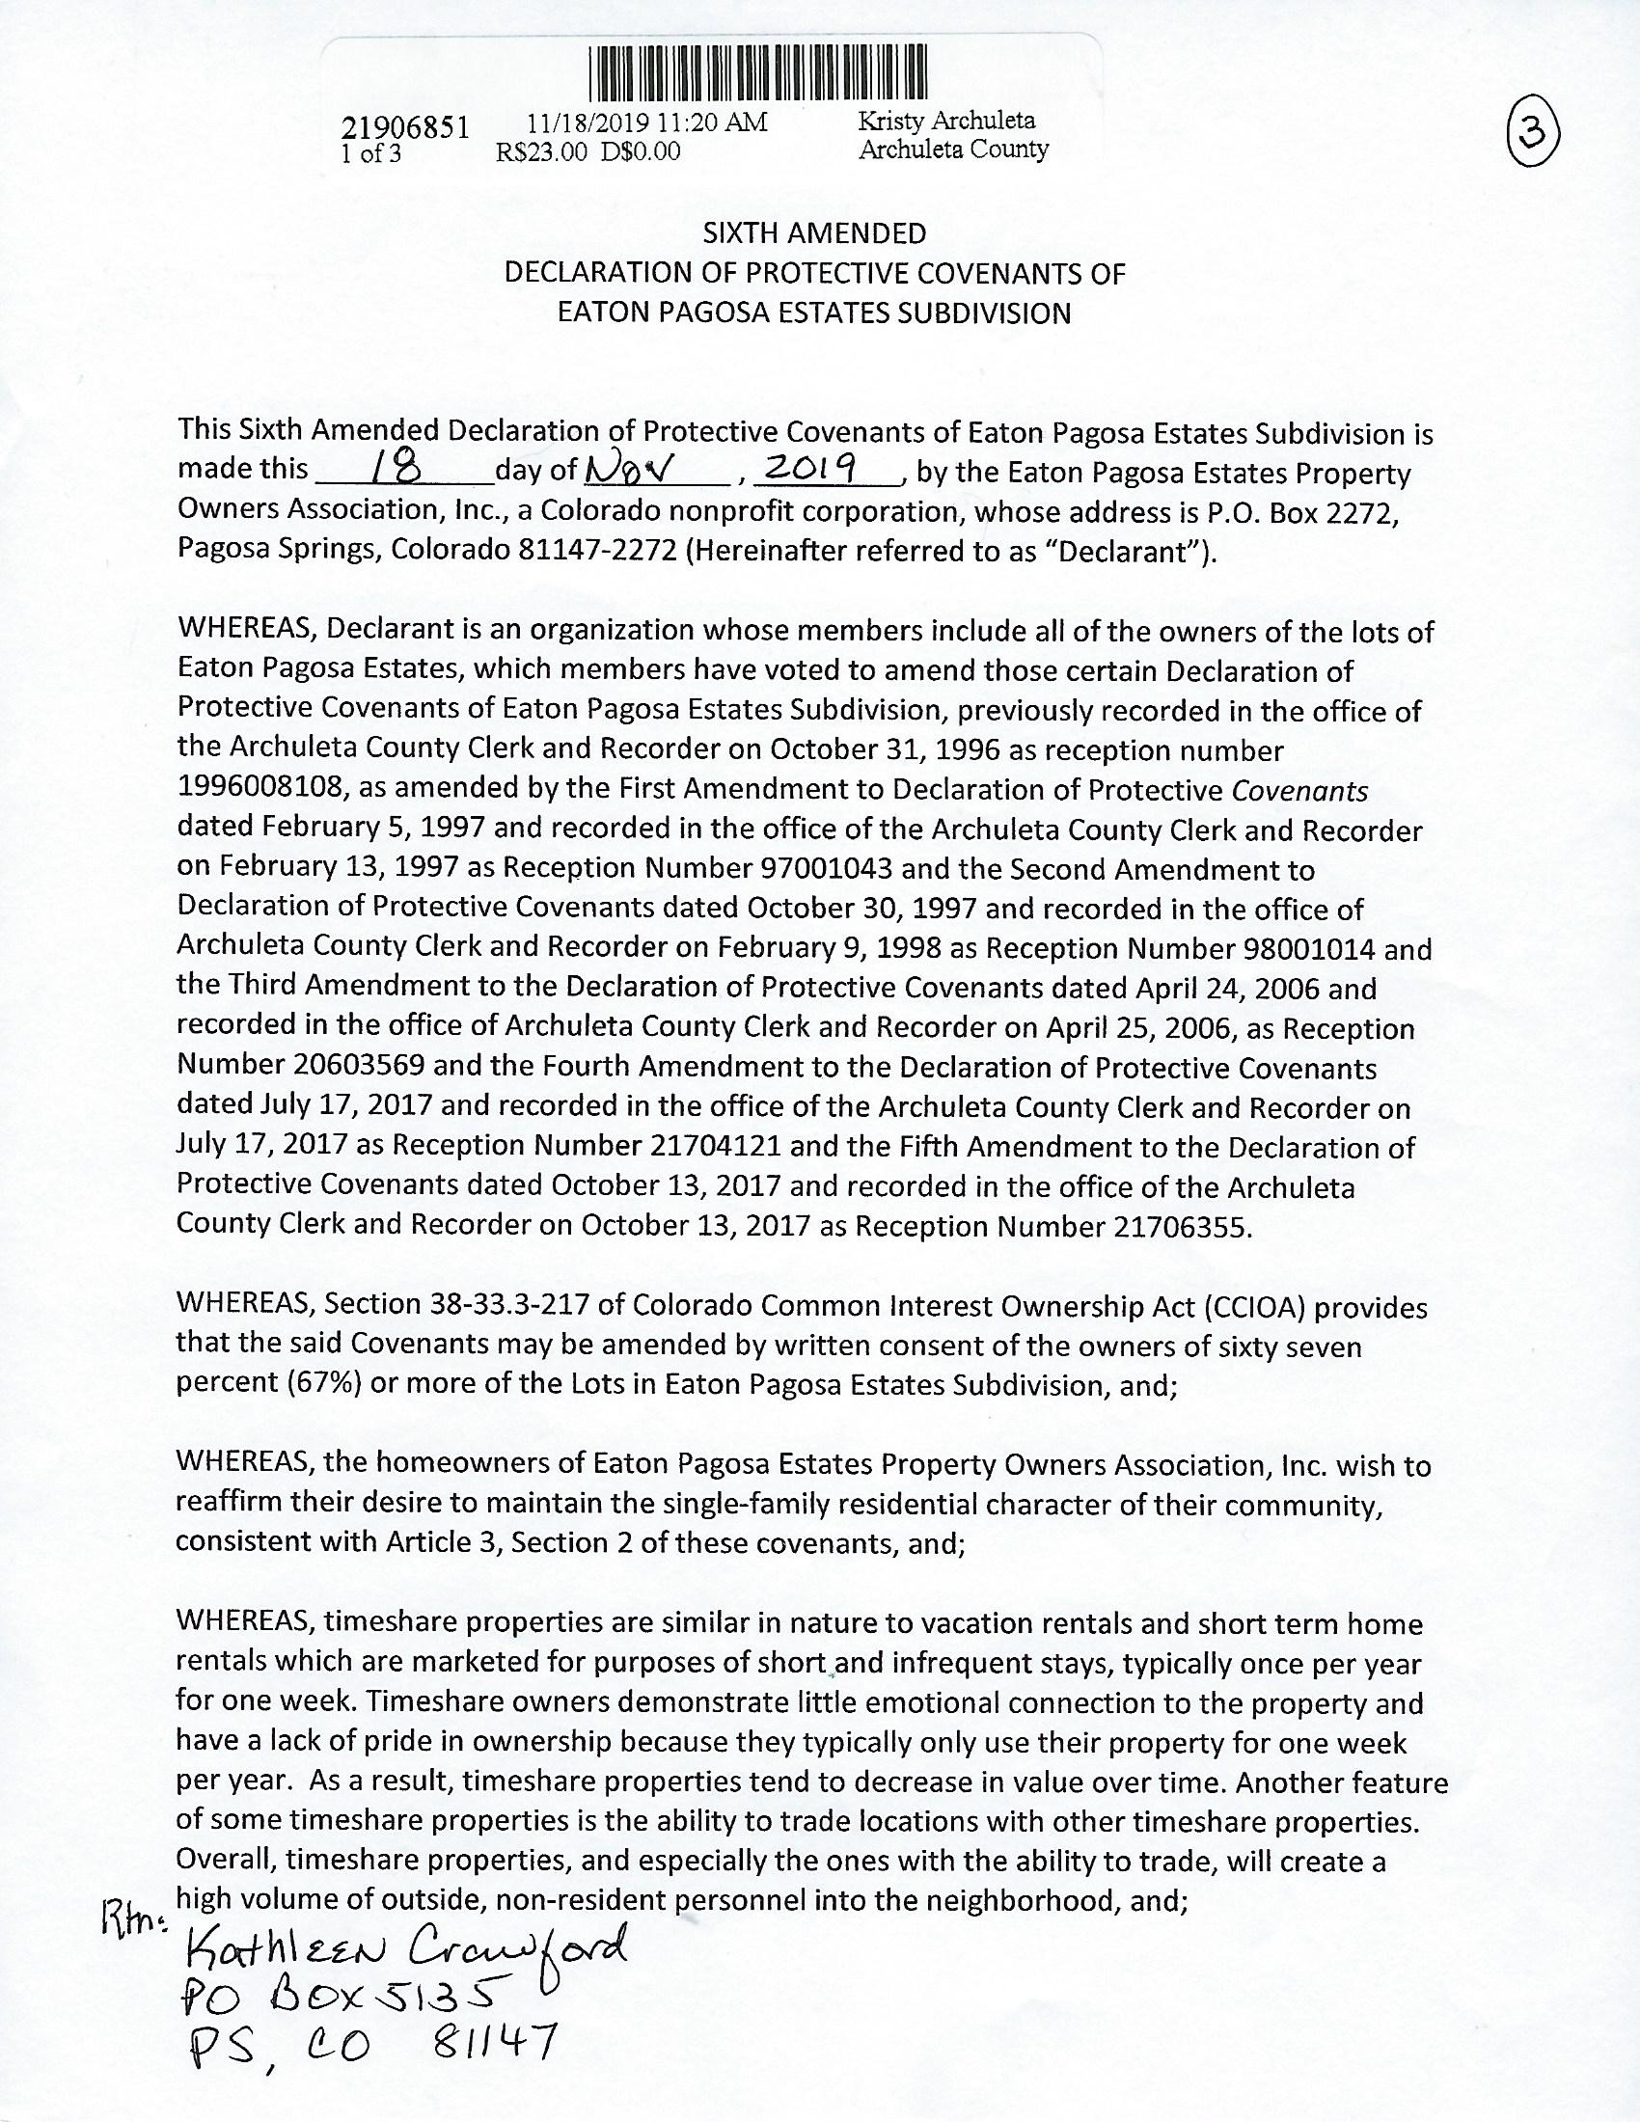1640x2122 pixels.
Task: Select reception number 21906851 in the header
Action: point(405,127)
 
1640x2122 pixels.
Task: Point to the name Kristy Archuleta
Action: point(946,121)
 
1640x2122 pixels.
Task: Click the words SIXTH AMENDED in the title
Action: point(814,233)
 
